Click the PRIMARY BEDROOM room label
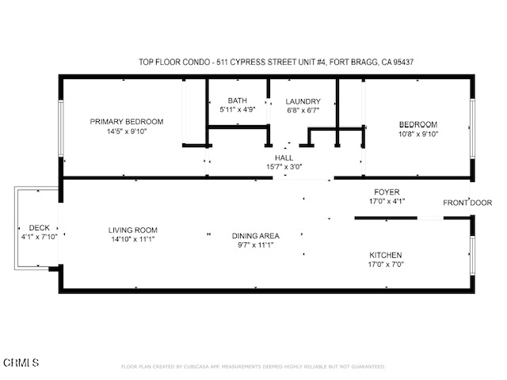pos(126,121)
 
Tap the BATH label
pos(237,101)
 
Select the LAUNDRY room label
pos(303,101)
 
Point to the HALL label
pos(284,158)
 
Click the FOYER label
pos(387,192)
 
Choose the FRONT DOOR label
pos(467,203)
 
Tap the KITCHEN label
pos(386,255)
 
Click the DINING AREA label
pos(255,236)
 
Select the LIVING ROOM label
pos(133,230)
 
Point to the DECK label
pos(39,227)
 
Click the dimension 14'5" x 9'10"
pos(126,131)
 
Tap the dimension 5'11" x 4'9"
pos(237,110)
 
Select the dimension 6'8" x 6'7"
pos(303,111)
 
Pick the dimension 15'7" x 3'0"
pos(284,167)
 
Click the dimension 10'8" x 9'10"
pos(417,134)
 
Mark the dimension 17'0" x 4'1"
pos(387,201)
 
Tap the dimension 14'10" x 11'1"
pos(133,240)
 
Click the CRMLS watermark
pos(21,363)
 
